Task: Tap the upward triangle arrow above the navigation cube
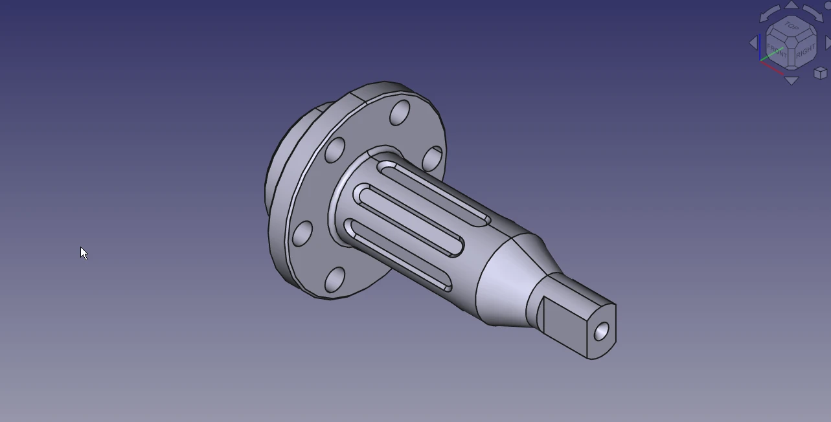point(791,5)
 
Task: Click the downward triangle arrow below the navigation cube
point(791,81)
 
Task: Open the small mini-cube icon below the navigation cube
point(820,72)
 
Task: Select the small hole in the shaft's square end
point(602,331)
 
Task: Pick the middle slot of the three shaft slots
point(408,220)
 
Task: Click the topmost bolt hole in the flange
point(400,113)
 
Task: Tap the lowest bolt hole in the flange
point(334,279)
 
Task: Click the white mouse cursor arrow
point(84,252)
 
